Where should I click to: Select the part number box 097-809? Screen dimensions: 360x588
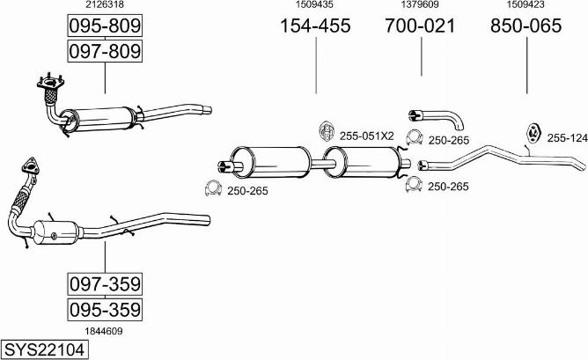(105, 52)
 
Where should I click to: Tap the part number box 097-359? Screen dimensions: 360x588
(105, 284)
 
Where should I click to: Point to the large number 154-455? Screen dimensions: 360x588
(315, 26)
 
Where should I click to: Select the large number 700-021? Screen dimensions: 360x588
(420, 26)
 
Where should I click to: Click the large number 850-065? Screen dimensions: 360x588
(526, 26)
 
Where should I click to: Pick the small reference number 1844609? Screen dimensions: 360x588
(104, 331)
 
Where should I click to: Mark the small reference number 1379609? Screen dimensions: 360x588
(420, 5)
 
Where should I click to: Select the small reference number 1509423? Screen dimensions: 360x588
(526, 5)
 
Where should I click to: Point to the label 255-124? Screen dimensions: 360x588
(566, 137)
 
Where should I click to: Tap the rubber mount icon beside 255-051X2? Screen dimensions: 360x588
(326, 131)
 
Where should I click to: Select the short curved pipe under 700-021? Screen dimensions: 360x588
(436, 116)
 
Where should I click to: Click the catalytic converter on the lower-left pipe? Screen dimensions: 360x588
(59, 231)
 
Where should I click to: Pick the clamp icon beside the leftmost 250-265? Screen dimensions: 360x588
(211, 187)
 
